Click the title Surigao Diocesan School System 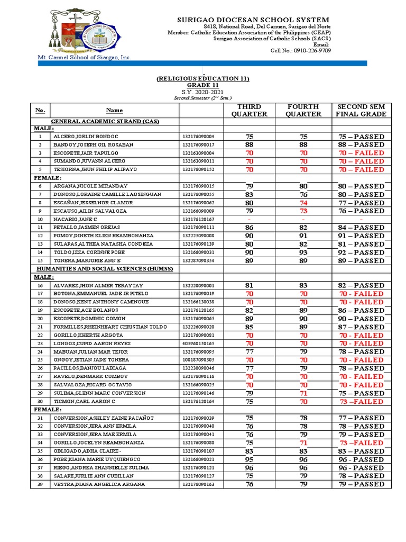click(x=252, y=20)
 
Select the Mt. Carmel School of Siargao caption click(x=83, y=57)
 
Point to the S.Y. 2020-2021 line click(x=202, y=92)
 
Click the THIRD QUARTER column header click(x=250, y=110)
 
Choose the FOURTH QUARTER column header click(x=303, y=110)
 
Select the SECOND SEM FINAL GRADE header click(x=361, y=110)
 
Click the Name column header click(x=114, y=110)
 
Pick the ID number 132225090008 click(x=198, y=236)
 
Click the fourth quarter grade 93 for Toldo click(x=303, y=252)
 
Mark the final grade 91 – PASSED click(x=361, y=236)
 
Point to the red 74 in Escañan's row click(x=303, y=203)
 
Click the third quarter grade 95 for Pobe click(x=250, y=459)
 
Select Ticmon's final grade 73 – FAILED click(x=361, y=402)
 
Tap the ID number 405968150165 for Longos click(x=198, y=344)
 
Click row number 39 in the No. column click(x=40, y=484)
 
